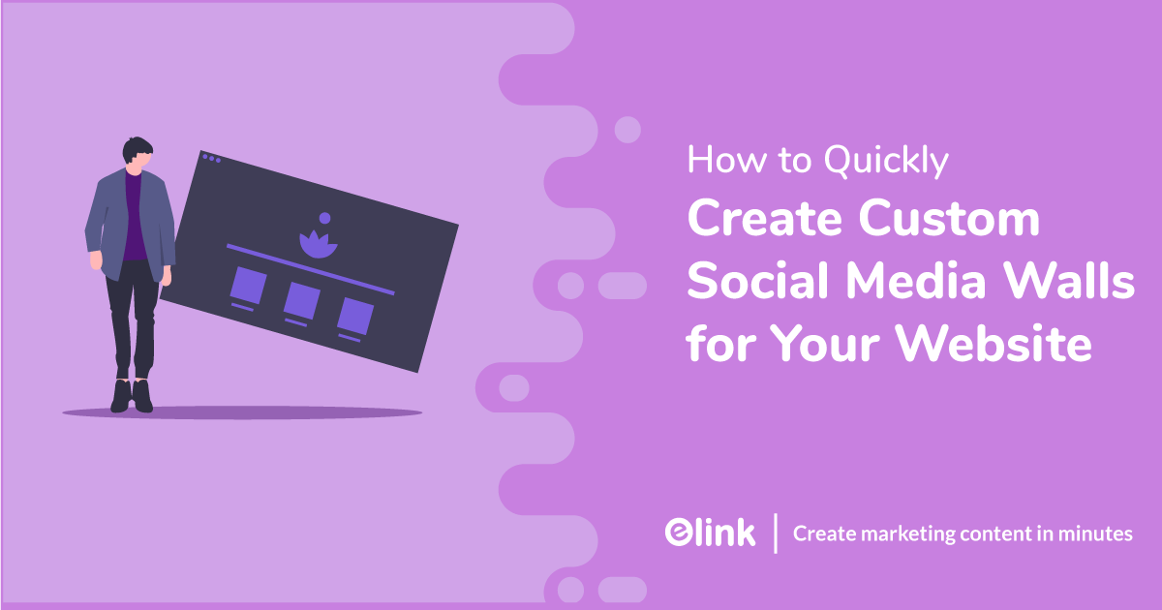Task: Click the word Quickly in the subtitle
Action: click(886, 162)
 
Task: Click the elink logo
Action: click(710, 533)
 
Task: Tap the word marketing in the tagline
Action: click(893, 534)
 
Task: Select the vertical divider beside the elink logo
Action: click(776, 534)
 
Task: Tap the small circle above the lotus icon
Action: click(324, 218)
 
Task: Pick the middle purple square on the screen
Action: click(301, 300)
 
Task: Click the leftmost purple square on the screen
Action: click(249, 285)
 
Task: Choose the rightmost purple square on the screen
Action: click(354, 316)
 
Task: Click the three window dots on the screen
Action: click(210, 157)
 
